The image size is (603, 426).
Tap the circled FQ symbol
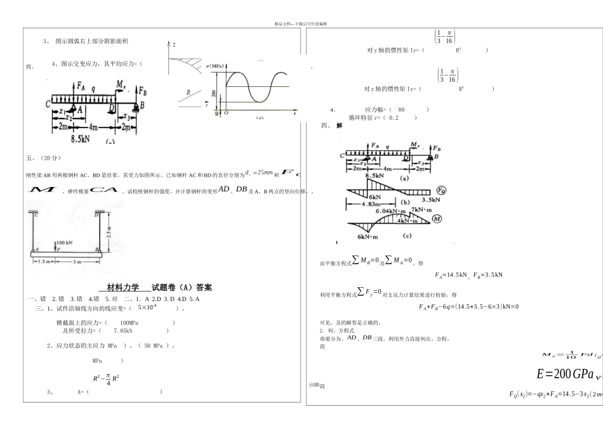tap(441, 190)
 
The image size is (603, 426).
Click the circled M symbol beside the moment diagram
tap(437, 219)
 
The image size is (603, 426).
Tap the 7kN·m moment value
tap(421, 209)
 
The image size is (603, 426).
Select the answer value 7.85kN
tap(123, 330)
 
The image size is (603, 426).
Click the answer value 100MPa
tap(129, 323)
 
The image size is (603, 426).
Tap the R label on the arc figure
tap(188, 93)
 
